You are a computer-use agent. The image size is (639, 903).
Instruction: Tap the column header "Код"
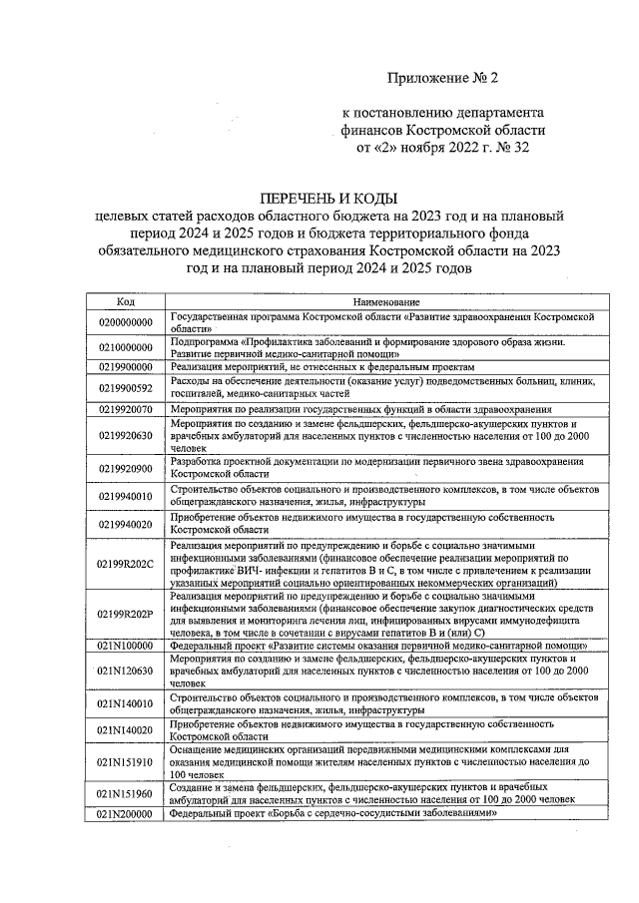(x=125, y=301)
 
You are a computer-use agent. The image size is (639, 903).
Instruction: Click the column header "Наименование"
(x=384, y=301)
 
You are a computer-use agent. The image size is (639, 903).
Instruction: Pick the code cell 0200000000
(x=125, y=321)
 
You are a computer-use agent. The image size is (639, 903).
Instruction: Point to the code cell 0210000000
(x=125, y=347)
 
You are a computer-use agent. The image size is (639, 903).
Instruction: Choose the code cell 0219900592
(x=125, y=387)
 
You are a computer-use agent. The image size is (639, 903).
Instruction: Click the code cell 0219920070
(x=125, y=409)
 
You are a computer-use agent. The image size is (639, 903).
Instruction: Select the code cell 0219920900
(x=125, y=468)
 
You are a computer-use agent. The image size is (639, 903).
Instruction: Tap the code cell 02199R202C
(x=125, y=564)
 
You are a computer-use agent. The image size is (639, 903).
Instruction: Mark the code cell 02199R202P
(x=125, y=614)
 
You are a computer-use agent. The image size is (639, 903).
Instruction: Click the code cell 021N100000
(x=125, y=645)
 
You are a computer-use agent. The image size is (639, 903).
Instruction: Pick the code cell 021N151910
(x=125, y=760)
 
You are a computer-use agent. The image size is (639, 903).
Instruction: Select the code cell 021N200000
(x=125, y=813)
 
